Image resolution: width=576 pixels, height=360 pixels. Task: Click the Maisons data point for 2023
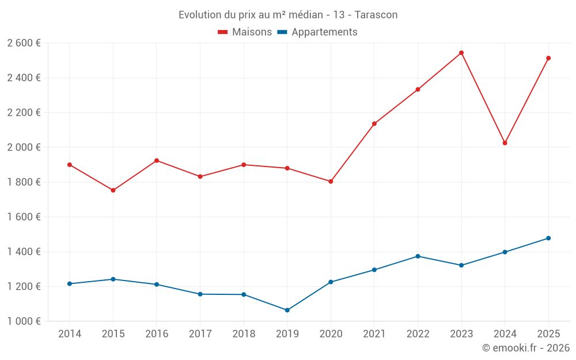(x=461, y=53)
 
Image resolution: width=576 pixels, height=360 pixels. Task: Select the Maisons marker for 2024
(x=505, y=143)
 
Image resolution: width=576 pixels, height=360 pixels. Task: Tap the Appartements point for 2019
(x=287, y=310)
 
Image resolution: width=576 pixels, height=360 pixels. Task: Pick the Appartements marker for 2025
(x=548, y=238)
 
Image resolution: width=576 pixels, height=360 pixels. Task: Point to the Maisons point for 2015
(x=113, y=190)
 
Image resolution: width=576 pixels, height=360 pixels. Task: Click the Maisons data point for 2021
(x=374, y=124)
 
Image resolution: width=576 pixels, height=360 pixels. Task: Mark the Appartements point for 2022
(x=418, y=256)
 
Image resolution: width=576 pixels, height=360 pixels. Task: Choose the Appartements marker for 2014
(x=70, y=284)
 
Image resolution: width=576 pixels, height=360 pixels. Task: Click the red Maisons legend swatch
(x=223, y=32)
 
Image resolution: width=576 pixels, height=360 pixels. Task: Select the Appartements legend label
(x=324, y=32)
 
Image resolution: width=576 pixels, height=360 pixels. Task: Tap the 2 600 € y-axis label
(x=24, y=43)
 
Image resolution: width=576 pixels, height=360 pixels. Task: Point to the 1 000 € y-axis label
(x=24, y=321)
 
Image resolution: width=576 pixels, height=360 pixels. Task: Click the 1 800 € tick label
(x=24, y=182)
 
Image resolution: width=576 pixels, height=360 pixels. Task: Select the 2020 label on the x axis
(x=331, y=334)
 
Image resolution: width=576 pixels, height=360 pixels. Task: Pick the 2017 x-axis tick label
(x=200, y=334)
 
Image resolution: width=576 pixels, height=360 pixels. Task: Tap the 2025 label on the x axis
(x=548, y=334)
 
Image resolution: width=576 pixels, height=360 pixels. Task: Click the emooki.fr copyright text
(x=526, y=348)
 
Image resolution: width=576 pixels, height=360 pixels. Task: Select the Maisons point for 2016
(x=157, y=161)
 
